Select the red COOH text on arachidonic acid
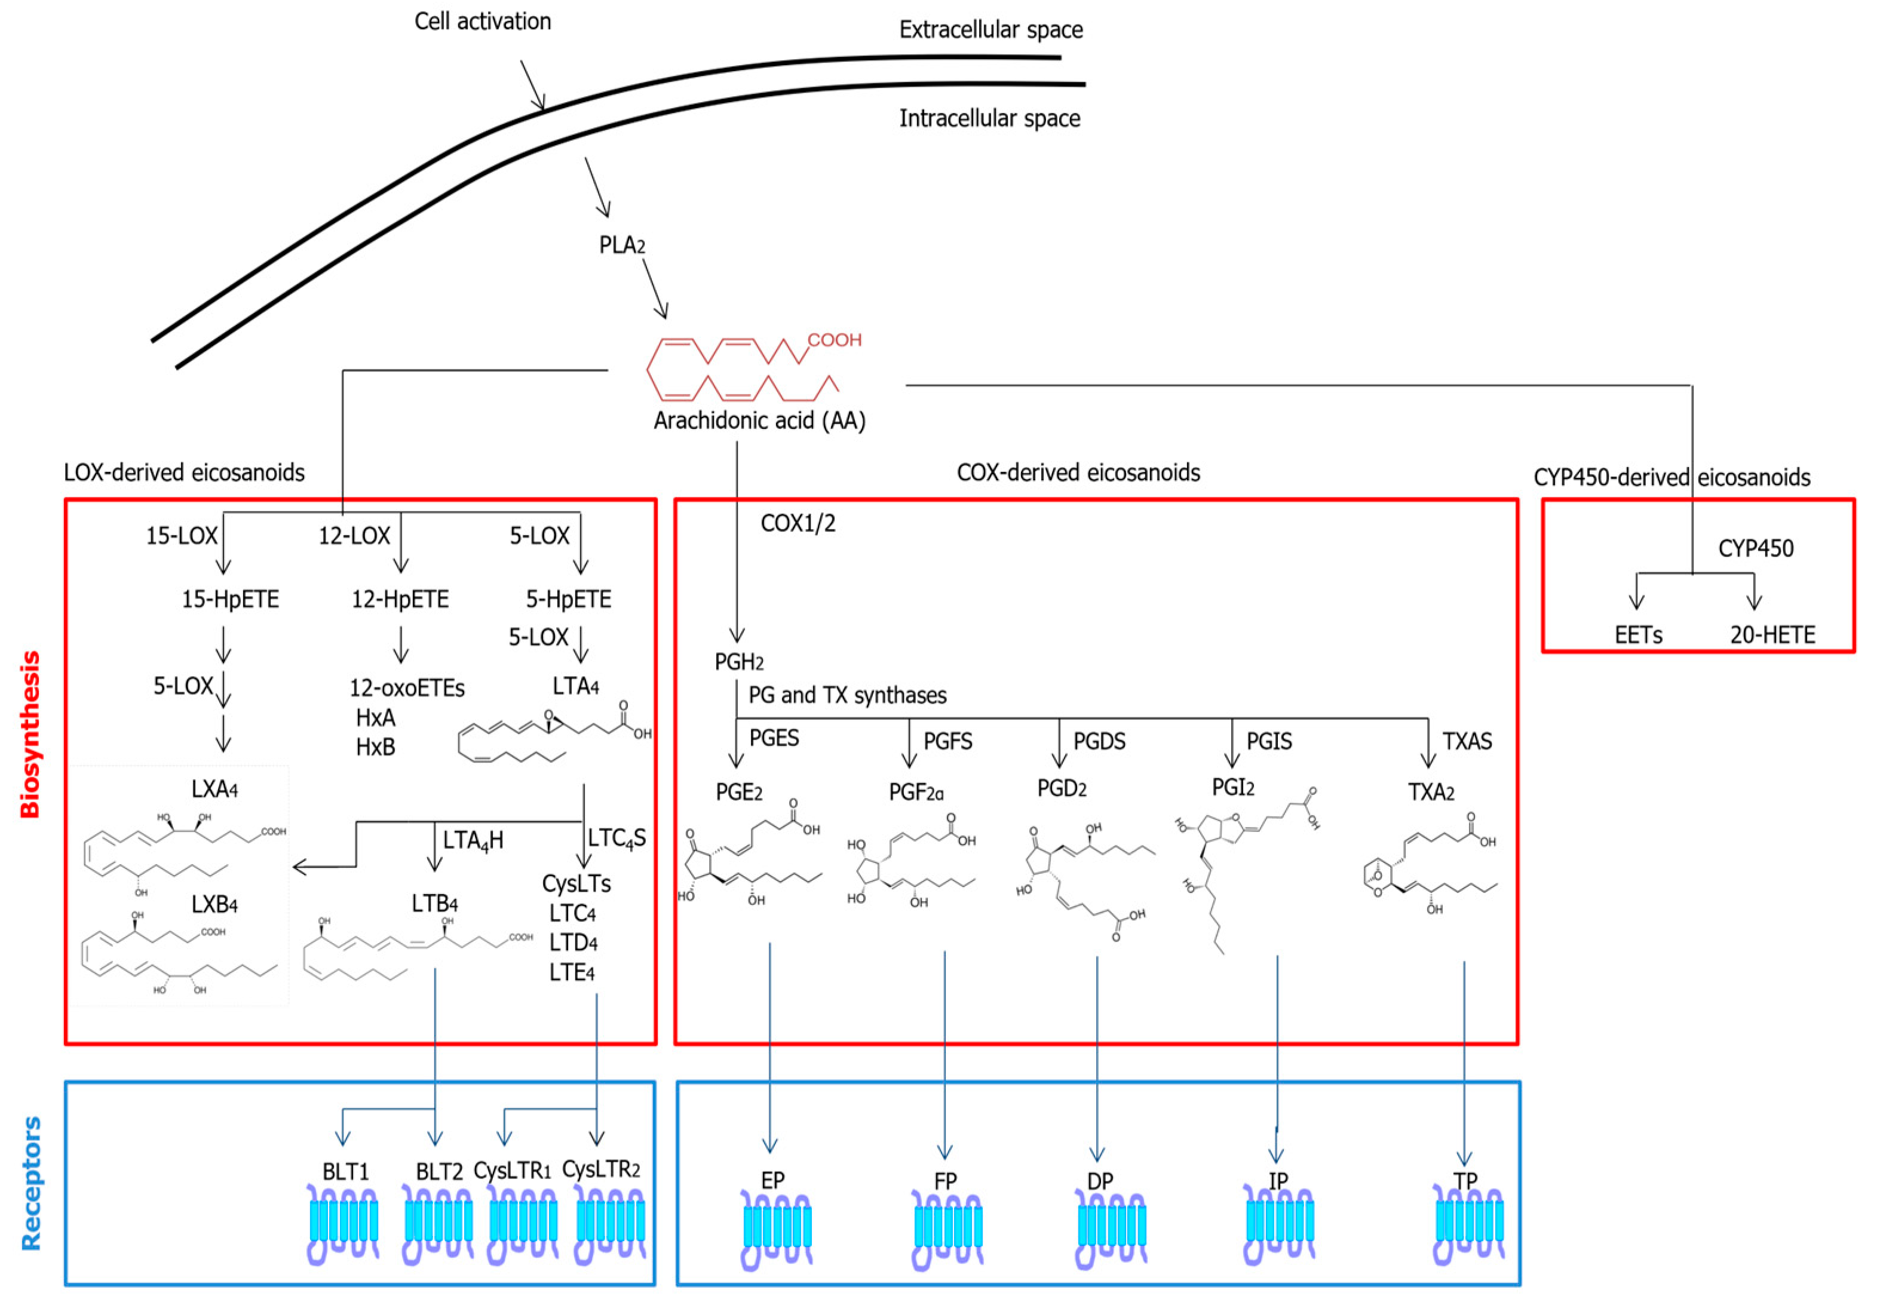pos(834,340)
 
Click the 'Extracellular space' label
pos(991,30)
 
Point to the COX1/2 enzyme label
pos(798,523)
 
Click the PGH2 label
pos(738,661)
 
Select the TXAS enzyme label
pos(1467,741)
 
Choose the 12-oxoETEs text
pos(407,688)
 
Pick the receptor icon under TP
pos(1469,1226)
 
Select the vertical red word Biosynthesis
pos(30,734)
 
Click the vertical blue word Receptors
pos(31,1183)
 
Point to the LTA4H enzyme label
pos(473,840)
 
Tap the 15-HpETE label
pos(230,599)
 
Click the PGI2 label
pos(1233,787)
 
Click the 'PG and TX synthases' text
pos(847,695)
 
